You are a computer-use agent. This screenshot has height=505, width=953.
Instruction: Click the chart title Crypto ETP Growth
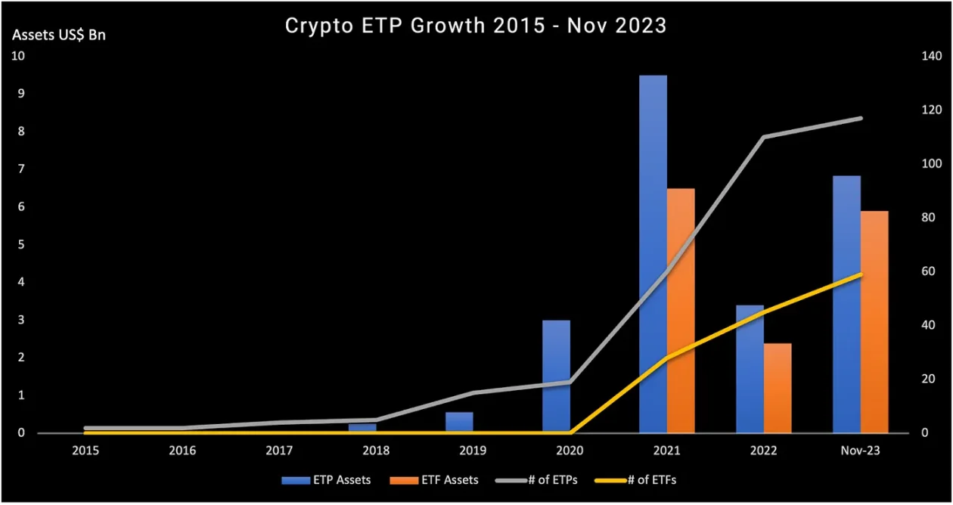click(476, 25)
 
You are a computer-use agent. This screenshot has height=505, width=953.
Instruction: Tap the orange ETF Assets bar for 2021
click(681, 310)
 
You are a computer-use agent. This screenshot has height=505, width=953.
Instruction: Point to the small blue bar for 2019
click(459, 423)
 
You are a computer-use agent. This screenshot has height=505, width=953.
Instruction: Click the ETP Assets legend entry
click(326, 479)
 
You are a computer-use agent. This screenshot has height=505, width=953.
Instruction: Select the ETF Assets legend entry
click(433, 479)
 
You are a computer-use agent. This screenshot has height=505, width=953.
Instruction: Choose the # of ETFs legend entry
click(641, 479)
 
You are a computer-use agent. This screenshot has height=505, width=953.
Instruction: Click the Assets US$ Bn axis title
click(58, 35)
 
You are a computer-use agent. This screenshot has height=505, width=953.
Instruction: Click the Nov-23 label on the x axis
click(861, 450)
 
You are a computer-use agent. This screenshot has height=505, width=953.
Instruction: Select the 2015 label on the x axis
click(85, 450)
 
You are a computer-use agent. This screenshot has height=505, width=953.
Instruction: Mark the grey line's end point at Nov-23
click(861, 118)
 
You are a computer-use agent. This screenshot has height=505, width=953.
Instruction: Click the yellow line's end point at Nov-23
click(861, 274)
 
